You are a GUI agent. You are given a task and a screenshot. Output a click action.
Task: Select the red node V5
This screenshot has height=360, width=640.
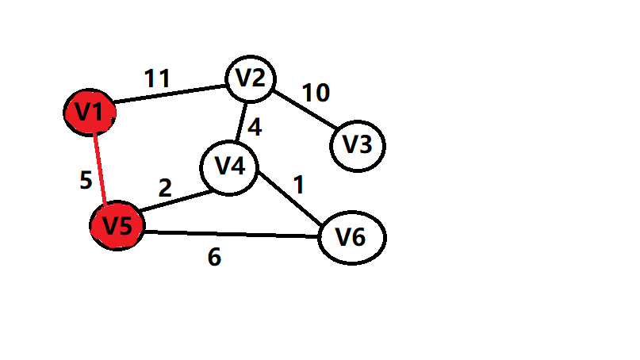point(117,225)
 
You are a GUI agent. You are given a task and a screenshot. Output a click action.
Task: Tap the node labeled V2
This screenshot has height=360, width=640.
point(251,79)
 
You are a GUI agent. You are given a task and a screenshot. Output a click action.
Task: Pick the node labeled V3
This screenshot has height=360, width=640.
point(357,145)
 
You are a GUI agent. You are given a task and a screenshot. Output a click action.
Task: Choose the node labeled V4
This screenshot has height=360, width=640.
point(228,167)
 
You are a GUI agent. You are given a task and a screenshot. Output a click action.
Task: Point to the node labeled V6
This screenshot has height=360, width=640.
point(351,237)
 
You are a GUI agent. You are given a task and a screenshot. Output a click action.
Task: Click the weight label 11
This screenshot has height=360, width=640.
point(157,79)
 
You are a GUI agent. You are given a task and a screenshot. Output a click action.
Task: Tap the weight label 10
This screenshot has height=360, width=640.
point(315,93)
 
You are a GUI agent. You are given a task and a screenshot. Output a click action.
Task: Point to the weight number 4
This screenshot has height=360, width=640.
point(255,125)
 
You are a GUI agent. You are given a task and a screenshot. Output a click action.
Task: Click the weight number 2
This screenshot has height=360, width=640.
point(165,188)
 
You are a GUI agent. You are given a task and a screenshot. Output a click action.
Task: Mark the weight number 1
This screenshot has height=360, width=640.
point(298,185)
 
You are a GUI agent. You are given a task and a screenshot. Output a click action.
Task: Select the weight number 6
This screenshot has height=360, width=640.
point(214,258)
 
